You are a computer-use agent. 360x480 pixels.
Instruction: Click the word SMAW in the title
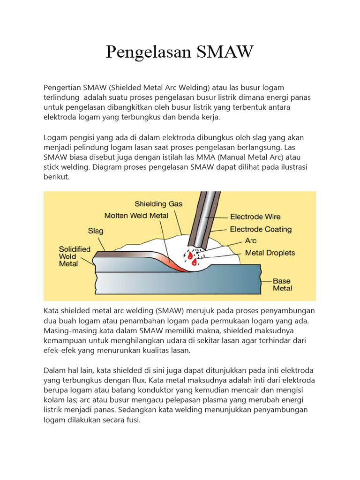pyautogui.click(x=224, y=52)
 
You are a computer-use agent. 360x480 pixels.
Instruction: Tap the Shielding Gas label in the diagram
pyautogui.click(x=158, y=204)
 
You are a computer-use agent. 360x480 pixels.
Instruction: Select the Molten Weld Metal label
pyautogui.click(x=136, y=216)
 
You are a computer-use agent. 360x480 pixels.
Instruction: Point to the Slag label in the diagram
pyautogui.click(x=96, y=231)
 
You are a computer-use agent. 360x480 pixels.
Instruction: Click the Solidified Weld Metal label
pyautogui.click(x=75, y=256)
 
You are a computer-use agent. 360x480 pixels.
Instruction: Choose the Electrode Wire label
pyautogui.click(x=255, y=217)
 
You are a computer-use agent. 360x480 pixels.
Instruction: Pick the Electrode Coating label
pyautogui.click(x=261, y=229)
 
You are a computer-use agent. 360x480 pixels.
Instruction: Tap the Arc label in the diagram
pyautogui.click(x=251, y=241)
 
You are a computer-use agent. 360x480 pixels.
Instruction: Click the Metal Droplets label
pyautogui.click(x=270, y=253)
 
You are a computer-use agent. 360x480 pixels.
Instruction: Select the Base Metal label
pyautogui.click(x=283, y=285)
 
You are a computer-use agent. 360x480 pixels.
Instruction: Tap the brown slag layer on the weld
pyautogui.click(x=122, y=254)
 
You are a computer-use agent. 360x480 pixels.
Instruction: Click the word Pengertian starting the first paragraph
pyautogui.click(x=62, y=88)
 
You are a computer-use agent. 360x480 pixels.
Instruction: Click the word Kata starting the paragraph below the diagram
pyautogui.click(x=52, y=311)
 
